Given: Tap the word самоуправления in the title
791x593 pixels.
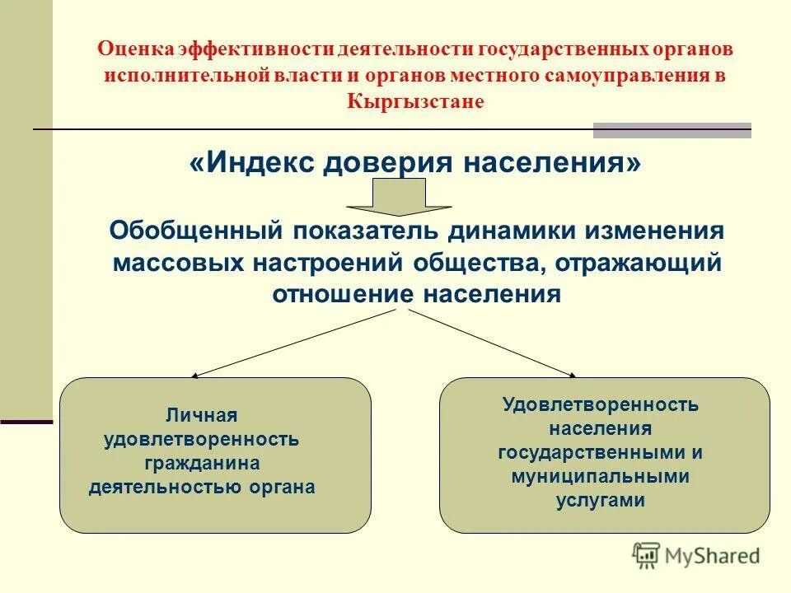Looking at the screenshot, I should click(x=625, y=75).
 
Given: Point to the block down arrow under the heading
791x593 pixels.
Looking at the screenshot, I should click(x=399, y=198).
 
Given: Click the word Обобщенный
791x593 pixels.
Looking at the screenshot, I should click(x=196, y=231).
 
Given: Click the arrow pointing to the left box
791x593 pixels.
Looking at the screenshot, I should click(x=297, y=343).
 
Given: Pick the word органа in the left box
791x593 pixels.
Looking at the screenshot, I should click(x=288, y=487).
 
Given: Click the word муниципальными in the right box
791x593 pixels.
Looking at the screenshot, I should click(x=599, y=476).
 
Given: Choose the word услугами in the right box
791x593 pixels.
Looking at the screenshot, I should click(x=599, y=500).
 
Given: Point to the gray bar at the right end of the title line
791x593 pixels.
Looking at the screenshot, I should click(x=672, y=129).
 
